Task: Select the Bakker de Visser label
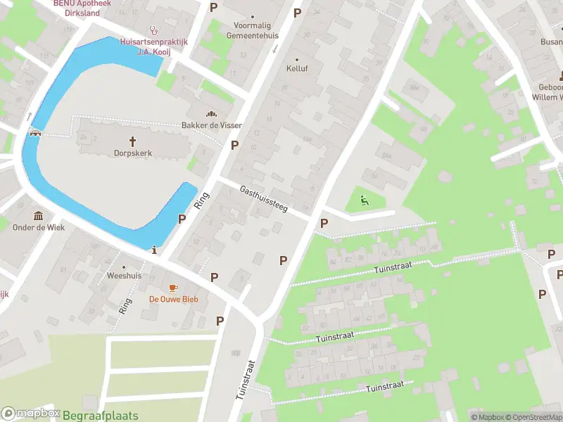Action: [x=212, y=125]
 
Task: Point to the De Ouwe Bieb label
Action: [x=173, y=299]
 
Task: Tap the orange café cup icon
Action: [x=173, y=288]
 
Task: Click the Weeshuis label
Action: [x=124, y=276]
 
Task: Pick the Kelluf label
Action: [x=297, y=68]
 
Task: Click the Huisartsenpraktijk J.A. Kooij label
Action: [x=154, y=46]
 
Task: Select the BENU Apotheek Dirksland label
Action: [x=83, y=8]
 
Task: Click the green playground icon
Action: [x=363, y=200]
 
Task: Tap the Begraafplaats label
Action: [x=101, y=416]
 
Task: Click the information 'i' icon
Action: [x=154, y=249]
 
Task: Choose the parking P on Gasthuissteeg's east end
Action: [x=324, y=223]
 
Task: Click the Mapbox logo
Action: [x=30, y=414]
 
